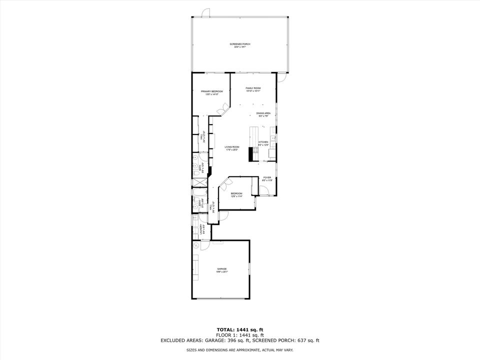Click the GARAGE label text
[x=221, y=269]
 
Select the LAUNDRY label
[x=201, y=229]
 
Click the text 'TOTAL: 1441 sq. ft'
[x=239, y=330]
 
